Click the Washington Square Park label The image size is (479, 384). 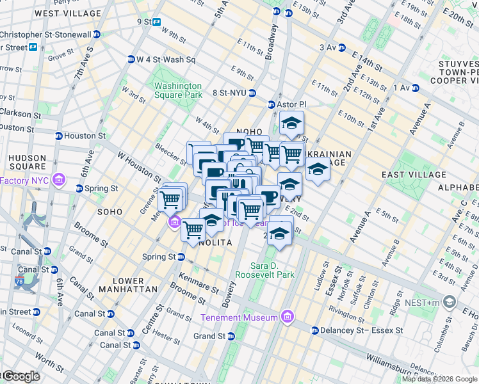click(177, 91)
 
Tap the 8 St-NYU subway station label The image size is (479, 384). click(234, 93)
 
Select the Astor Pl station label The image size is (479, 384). click(291, 104)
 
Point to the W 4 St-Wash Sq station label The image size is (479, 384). click(165, 60)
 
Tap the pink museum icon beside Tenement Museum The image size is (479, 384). click(288, 317)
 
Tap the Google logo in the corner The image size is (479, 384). click(20, 376)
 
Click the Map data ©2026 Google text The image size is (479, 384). click(439, 379)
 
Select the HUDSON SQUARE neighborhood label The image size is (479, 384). click(27, 163)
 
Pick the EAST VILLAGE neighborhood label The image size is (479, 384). click(413, 175)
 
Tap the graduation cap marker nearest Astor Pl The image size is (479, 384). click(291, 123)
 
